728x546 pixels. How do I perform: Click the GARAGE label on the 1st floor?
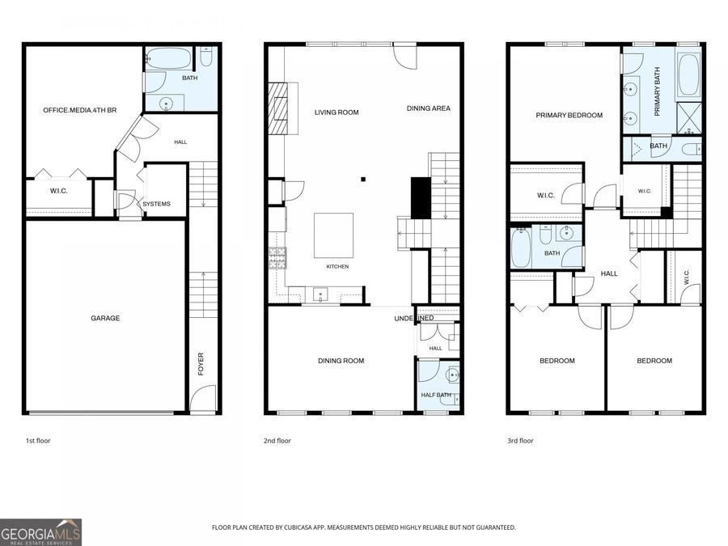pos(105,318)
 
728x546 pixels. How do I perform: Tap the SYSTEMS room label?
pos(156,204)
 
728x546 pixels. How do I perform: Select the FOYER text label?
pos(201,364)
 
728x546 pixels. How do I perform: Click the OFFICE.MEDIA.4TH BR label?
pos(80,111)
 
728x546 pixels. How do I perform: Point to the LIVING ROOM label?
pos(336,112)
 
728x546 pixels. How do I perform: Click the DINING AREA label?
pos(429,108)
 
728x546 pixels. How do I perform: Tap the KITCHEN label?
pos(337,266)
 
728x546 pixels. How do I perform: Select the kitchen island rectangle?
pos(333,235)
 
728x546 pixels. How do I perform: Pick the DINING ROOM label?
pos(341,361)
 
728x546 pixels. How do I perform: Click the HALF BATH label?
pos(436,395)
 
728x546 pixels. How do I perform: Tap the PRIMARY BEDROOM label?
pos(569,115)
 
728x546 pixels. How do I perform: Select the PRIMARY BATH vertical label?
pos(657,92)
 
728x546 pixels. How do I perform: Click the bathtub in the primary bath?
pos(688,74)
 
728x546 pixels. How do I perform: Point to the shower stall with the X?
pos(689,118)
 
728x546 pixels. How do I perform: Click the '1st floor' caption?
pos(38,441)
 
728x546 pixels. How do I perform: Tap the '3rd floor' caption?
pos(520,441)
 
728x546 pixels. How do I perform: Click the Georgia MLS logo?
pos(41,532)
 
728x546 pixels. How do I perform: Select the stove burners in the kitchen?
pos(277,258)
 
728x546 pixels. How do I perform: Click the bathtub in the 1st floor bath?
pos(168,59)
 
